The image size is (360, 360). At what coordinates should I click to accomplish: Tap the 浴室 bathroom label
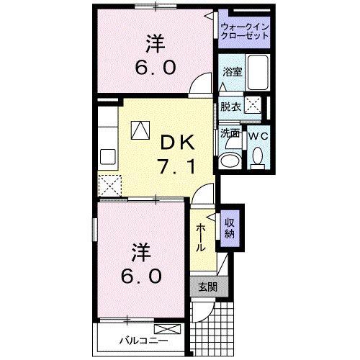click(232, 73)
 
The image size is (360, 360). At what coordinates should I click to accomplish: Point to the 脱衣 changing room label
click(230, 107)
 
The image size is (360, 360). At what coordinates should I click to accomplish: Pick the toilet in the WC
click(257, 157)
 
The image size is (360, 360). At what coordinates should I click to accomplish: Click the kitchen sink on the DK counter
click(108, 156)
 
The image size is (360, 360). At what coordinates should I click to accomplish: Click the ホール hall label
click(201, 237)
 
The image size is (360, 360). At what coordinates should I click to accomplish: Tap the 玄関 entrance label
click(207, 286)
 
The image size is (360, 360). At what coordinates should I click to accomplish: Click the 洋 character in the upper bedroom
click(153, 44)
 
